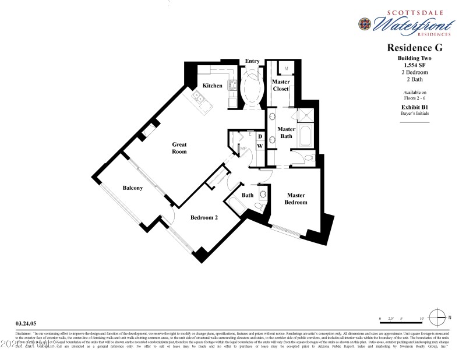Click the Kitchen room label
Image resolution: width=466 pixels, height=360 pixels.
(212, 86)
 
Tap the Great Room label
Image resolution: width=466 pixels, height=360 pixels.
(179, 147)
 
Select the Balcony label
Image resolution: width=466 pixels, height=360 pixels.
(133, 188)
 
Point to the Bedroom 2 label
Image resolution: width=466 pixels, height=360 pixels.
(204, 218)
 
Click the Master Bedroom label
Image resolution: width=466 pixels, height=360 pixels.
(295, 199)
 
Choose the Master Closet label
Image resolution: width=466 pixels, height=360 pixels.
(280, 86)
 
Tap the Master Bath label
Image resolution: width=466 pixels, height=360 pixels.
(285, 133)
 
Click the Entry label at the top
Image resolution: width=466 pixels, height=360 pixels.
(252, 61)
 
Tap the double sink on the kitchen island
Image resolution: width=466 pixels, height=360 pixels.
(199, 98)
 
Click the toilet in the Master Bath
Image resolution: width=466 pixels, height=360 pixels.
(307, 157)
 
